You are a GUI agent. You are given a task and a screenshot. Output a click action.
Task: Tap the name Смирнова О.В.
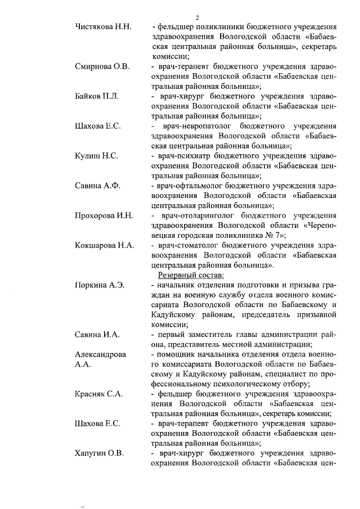point(102,66)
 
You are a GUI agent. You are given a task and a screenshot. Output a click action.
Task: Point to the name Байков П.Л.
point(97,96)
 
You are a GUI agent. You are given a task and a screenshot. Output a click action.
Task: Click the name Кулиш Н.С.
point(97,156)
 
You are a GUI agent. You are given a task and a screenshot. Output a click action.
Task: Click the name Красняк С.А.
point(99,394)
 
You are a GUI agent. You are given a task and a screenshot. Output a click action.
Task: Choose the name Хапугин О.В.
point(100,453)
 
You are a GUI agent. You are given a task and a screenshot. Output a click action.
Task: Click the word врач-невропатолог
point(196,125)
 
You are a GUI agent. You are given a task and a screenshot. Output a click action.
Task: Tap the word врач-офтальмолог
point(190,185)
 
